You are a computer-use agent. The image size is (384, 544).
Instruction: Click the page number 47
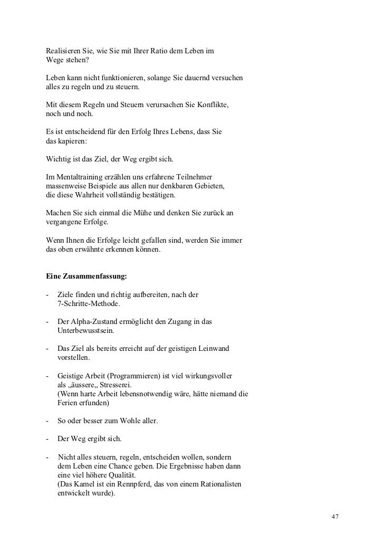334,516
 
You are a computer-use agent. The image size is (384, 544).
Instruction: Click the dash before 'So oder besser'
48,422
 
